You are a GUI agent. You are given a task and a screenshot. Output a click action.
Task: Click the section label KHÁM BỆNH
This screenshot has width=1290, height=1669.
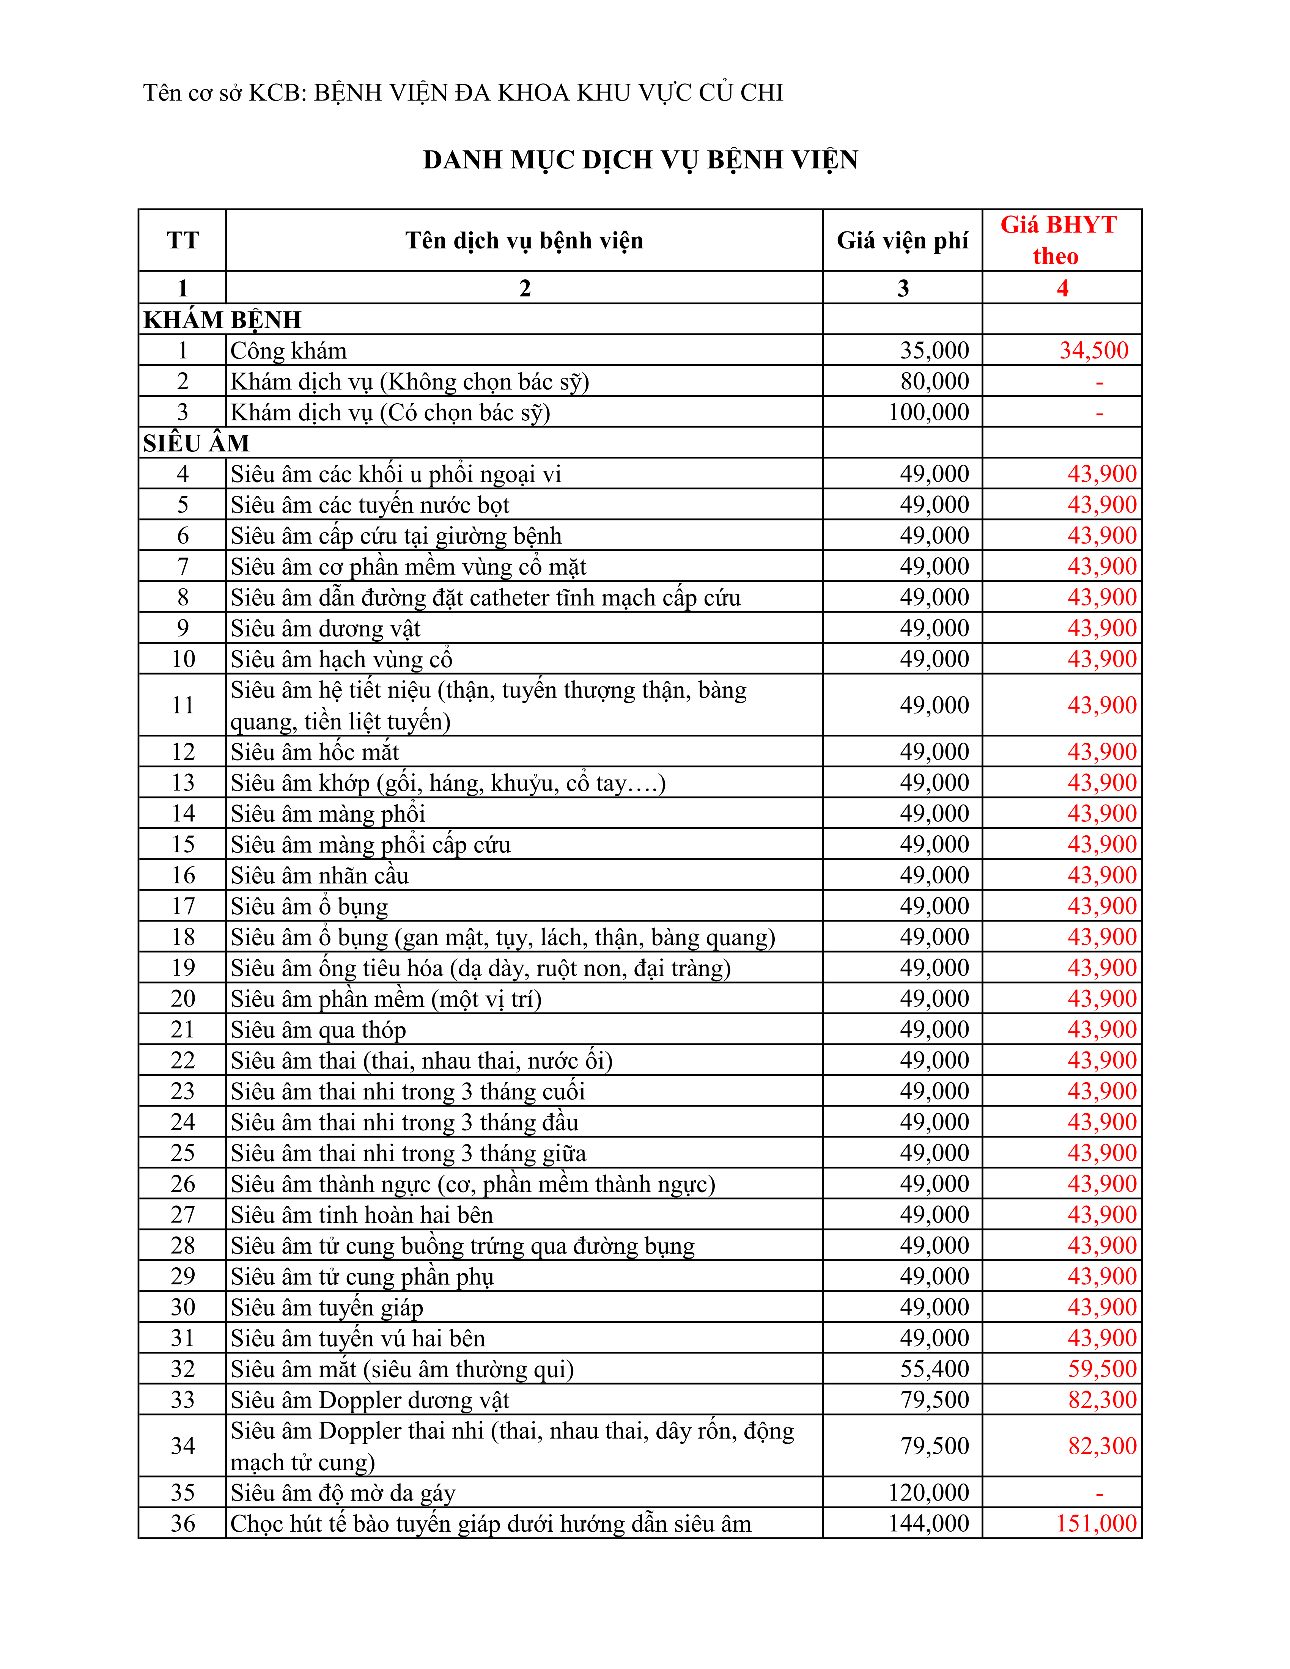222,319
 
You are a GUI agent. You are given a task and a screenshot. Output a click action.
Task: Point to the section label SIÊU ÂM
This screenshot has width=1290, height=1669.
197,443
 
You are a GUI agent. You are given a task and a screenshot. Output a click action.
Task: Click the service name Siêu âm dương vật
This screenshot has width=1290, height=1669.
326,628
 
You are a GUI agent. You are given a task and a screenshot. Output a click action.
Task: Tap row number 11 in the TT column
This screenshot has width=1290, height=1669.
182,705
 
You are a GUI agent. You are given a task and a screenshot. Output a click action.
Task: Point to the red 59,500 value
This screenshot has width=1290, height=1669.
1102,1369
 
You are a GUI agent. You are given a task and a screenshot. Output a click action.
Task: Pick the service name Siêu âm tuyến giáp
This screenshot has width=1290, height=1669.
327,1308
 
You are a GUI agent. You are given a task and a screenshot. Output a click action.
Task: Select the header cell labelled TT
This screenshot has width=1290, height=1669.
182,241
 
